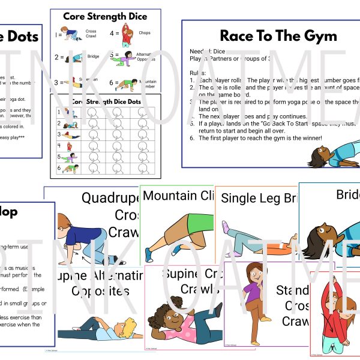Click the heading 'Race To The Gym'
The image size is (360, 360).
[x=278, y=36]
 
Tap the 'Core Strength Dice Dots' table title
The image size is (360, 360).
[x=108, y=101]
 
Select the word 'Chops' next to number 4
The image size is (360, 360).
[x=144, y=34]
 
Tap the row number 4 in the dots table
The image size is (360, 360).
[x=60, y=145]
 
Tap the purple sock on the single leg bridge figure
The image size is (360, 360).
[x=224, y=227]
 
